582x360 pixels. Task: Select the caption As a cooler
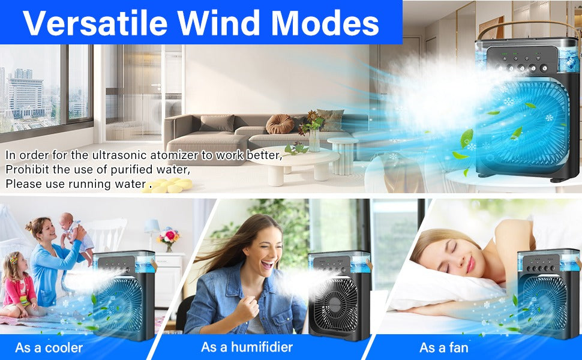pos(49,347)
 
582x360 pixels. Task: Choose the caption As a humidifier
pos(247,347)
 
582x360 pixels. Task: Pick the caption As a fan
pos(444,347)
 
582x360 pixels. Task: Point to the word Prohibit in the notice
pos(26,169)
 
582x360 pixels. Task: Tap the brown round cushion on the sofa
pos(280,124)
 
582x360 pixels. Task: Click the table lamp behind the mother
pos(151,229)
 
